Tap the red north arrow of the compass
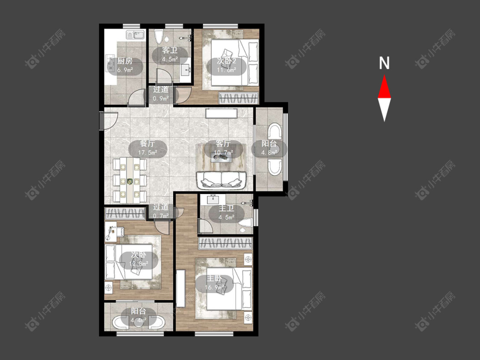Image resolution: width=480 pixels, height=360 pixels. pyautogui.click(x=384, y=87)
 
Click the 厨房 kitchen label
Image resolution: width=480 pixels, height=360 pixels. pyautogui.click(x=125, y=65)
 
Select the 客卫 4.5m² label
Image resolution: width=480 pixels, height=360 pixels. pyautogui.click(x=170, y=55)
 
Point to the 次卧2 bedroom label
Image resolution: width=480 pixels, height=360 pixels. pyautogui.click(x=227, y=65)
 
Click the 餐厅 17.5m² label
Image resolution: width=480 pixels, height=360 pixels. pyautogui.click(x=148, y=148)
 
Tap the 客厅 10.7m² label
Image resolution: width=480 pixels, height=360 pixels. pyautogui.click(x=223, y=148)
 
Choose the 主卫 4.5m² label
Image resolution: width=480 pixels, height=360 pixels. pyautogui.click(x=227, y=213)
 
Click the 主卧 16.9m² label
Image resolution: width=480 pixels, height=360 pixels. pyautogui.click(x=215, y=282)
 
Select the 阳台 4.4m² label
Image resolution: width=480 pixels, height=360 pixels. pyautogui.click(x=138, y=316)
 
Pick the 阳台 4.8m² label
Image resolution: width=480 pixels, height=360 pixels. pyautogui.click(x=269, y=148)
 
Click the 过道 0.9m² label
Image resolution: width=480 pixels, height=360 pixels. pyautogui.click(x=161, y=94)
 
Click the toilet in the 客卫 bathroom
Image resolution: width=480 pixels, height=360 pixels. pyautogui.click(x=159, y=36)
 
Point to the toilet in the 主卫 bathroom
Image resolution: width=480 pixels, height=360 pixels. pyautogui.click(x=245, y=222)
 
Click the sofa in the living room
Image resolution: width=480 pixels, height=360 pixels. pyautogui.click(x=221, y=180)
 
